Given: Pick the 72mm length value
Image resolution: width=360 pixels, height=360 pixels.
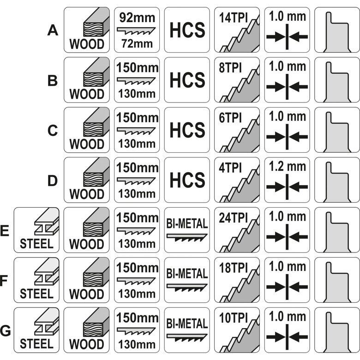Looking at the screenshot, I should (137, 45).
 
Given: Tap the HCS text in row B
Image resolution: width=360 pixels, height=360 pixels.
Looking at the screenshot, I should (187, 80).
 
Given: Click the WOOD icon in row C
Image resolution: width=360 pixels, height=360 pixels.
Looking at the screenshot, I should (87, 130).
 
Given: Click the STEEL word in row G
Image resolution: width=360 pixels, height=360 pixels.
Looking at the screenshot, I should (37, 343).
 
